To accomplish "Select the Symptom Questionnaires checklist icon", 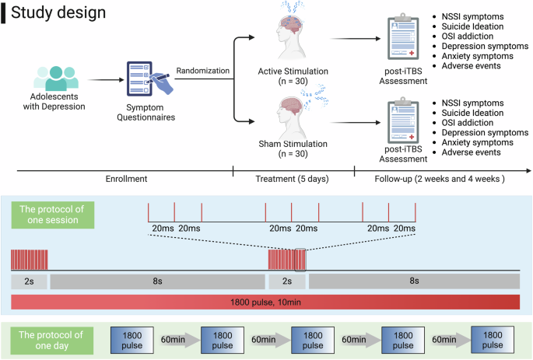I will [x=146, y=83].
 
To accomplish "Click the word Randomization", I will [x=202, y=70].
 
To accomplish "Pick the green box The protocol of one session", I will [x=51, y=214].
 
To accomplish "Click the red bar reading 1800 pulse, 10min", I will [x=265, y=302].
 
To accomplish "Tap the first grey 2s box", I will [x=29, y=281].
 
